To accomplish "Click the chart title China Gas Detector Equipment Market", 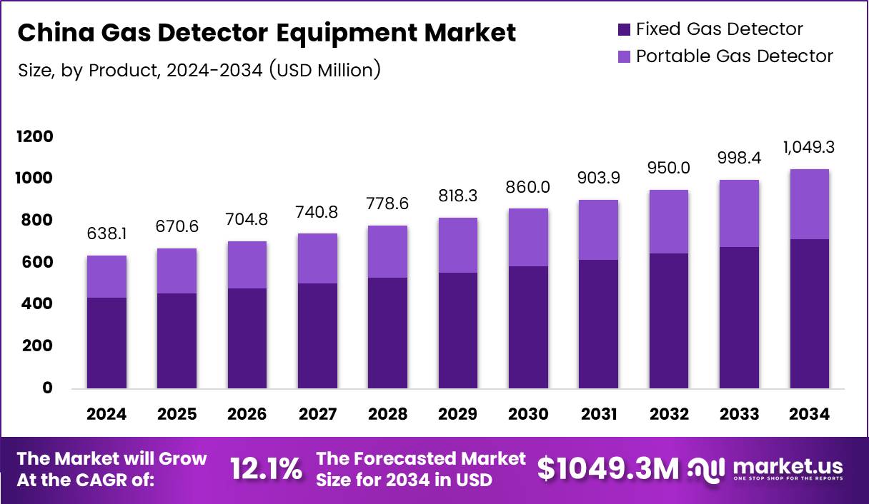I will click(266, 33).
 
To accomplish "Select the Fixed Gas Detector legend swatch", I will click(623, 29).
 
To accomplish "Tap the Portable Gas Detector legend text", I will click(734, 56).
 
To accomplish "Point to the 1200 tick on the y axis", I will click(35, 136).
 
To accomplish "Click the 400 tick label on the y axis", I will click(35, 304).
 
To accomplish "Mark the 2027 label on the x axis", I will click(317, 415).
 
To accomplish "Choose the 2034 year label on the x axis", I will click(810, 415).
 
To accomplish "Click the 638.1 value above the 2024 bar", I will click(106, 235).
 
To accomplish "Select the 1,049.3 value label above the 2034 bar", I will click(810, 148).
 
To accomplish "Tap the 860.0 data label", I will click(528, 188).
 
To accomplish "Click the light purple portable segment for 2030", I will click(528, 237).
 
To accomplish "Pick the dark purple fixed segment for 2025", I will click(177, 341).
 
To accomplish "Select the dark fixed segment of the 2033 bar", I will click(739, 318).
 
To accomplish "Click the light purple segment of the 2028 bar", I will click(387, 251).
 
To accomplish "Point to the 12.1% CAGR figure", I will click(266, 469).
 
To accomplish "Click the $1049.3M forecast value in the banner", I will click(607, 469).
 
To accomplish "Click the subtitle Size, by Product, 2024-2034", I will click(199, 70).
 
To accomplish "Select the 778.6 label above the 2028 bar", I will click(387, 205).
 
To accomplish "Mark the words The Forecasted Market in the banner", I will click(421, 458).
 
